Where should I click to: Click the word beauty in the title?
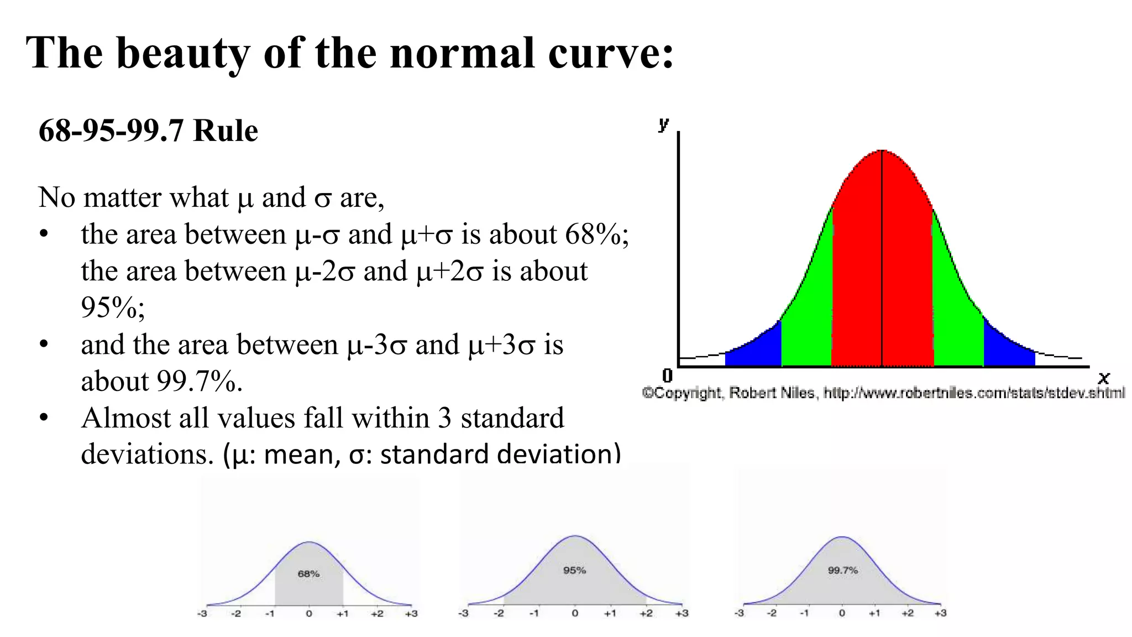tap(183, 54)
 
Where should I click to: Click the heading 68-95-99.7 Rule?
tap(148, 131)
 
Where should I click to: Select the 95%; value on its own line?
tap(113, 307)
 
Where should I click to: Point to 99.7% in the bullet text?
tap(198, 382)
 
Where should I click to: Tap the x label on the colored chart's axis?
tap(1103, 378)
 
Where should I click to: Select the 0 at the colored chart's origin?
tap(667, 376)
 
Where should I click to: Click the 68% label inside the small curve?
tap(308, 574)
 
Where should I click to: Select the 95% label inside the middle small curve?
tap(574, 570)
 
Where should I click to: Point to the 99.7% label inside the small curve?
tap(842, 570)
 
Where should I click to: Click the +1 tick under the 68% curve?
tap(342, 614)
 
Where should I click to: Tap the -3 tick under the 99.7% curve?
tap(739, 613)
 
